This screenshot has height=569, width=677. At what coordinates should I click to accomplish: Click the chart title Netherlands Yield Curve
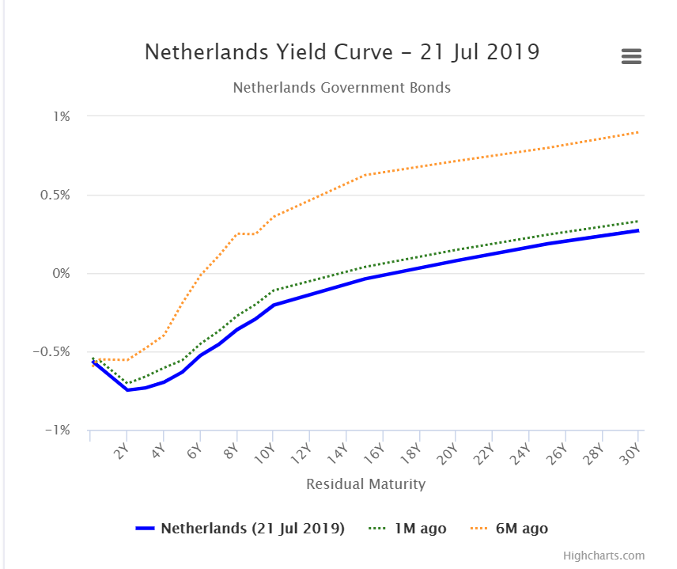coord(342,52)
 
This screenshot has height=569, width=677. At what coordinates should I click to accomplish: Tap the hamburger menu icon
coord(631,57)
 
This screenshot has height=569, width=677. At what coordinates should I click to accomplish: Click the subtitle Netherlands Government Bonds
coord(342,87)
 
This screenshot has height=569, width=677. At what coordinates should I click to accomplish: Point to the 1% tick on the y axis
coord(62,116)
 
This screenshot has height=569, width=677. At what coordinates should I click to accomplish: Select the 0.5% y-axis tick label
coord(55,195)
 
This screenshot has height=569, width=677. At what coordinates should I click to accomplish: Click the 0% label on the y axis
coord(62,273)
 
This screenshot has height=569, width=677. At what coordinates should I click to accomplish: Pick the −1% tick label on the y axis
coord(58,430)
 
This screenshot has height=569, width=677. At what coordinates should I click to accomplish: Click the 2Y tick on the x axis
coord(121,452)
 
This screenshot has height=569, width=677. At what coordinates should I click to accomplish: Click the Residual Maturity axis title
coord(365,484)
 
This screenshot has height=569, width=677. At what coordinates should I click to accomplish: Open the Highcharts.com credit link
coord(603,555)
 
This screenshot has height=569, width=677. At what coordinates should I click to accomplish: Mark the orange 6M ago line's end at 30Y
coord(638,132)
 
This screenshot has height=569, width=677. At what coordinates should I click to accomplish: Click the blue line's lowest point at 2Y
coord(127,389)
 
